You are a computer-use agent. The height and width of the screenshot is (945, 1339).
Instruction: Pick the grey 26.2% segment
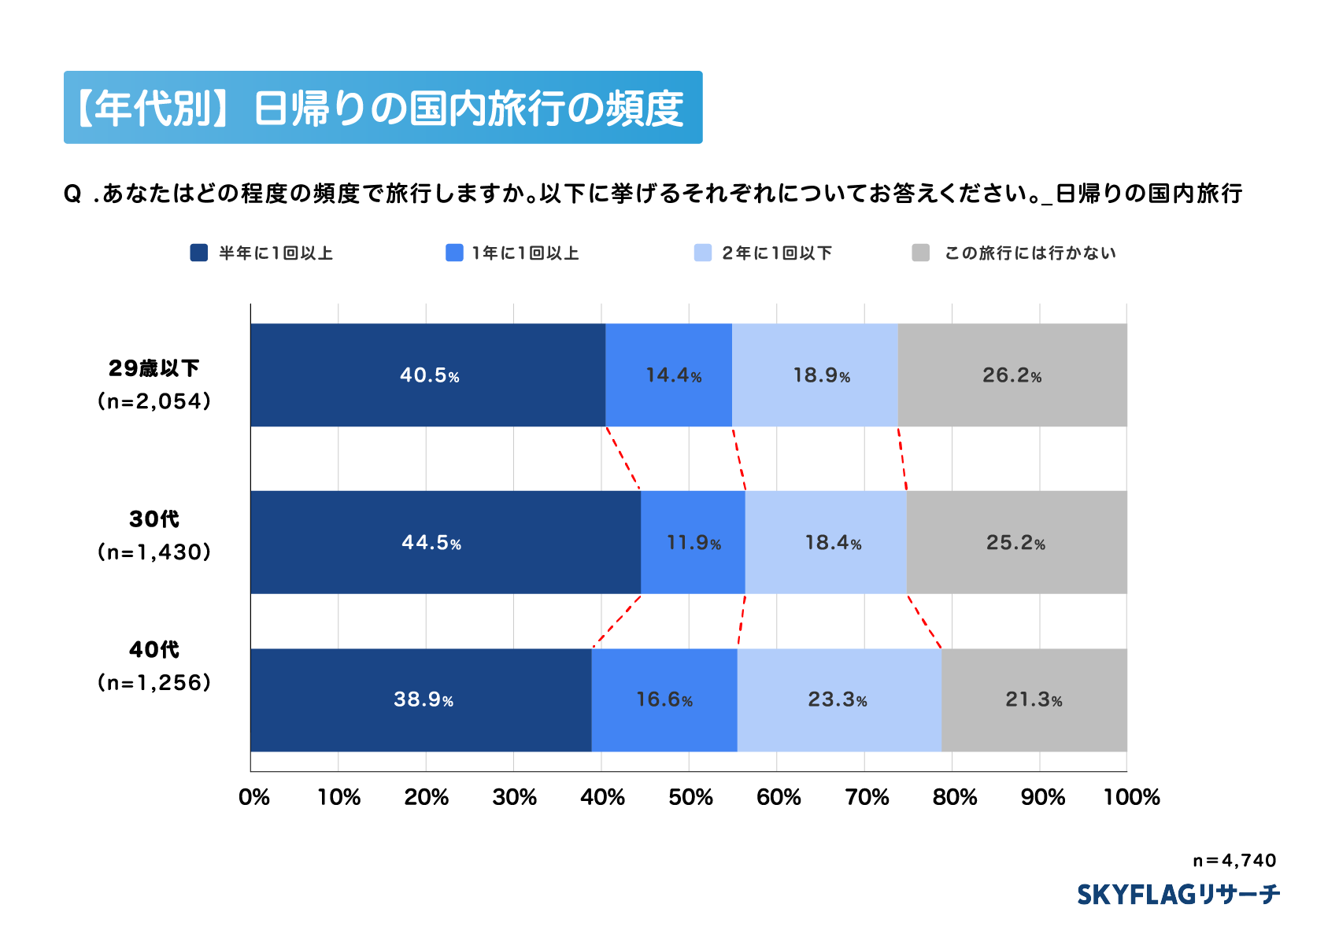(x=1012, y=375)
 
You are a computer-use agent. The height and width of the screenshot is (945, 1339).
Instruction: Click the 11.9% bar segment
(x=693, y=542)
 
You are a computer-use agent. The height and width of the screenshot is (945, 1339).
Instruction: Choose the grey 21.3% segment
(x=1034, y=700)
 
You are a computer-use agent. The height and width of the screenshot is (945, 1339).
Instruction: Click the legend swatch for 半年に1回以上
(x=199, y=253)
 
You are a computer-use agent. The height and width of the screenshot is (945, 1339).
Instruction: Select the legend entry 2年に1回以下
(x=776, y=253)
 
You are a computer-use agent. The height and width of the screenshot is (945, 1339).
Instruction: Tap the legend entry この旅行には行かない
(x=1030, y=253)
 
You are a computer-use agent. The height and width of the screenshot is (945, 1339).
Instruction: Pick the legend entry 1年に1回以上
(x=525, y=253)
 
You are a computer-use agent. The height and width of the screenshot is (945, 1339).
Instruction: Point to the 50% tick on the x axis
(x=690, y=797)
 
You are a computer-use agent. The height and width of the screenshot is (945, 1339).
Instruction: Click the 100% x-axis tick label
(x=1131, y=797)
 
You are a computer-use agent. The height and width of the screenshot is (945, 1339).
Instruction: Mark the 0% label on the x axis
(x=254, y=797)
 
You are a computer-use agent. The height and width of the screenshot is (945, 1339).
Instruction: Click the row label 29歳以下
(x=154, y=368)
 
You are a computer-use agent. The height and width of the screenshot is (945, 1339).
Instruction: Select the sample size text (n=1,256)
(x=154, y=682)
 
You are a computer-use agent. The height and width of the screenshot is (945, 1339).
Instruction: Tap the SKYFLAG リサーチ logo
(x=1178, y=895)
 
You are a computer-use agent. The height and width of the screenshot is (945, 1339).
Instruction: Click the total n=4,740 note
(x=1234, y=860)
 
